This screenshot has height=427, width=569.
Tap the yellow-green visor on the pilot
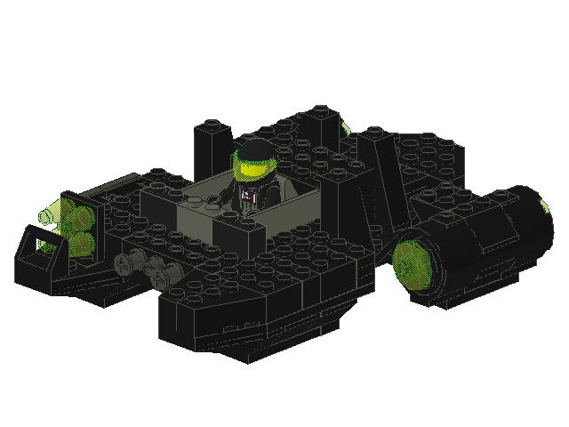pyautogui.click(x=250, y=165)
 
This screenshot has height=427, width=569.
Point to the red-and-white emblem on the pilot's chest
pyautogui.click(x=250, y=191)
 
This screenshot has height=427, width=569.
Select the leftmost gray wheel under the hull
pyautogui.click(x=125, y=263)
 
